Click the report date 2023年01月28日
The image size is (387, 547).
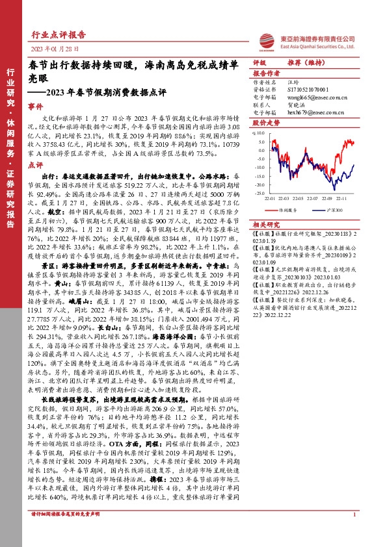(x=55, y=49)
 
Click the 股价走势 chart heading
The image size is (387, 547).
(x=266, y=122)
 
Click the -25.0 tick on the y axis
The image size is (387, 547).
(x=259, y=193)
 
